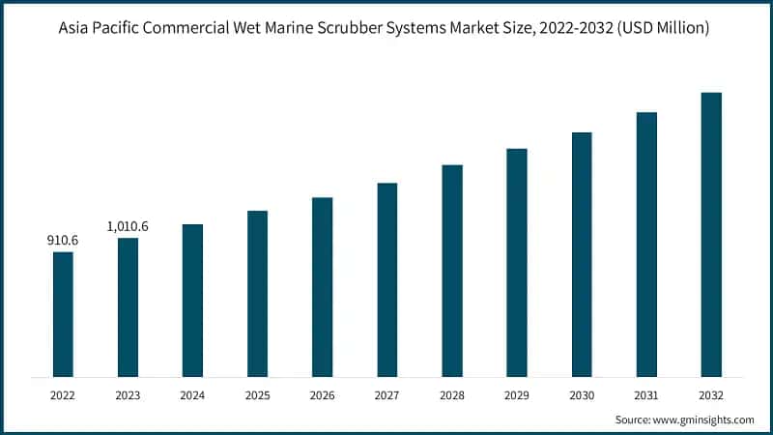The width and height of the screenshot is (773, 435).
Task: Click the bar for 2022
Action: point(63,314)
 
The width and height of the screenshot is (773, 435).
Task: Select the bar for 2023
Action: point(128,307)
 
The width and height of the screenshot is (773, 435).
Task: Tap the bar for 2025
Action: point(257,294)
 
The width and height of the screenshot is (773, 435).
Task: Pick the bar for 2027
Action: point(387,279)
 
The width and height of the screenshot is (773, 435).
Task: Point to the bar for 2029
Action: point(517,262)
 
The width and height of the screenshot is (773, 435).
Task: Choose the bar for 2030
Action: point(582,254)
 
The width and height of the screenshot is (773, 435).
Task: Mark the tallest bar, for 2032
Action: point(711,234)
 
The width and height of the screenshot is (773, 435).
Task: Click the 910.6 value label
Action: point(63,239)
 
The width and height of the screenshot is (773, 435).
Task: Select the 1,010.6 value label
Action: point(128,226)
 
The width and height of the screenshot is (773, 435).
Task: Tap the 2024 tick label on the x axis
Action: point(192,394)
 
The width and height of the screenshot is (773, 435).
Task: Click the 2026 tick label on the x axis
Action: point(322,394)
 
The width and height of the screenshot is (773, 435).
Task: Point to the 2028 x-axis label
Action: point(452,394)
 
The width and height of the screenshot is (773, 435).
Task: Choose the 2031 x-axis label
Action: point(646,394)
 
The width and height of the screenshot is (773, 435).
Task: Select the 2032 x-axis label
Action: point(711,394)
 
